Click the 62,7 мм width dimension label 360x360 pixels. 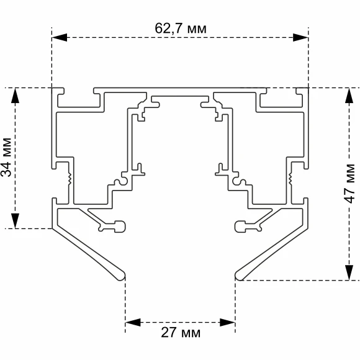coord(181,29)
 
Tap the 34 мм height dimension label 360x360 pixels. coord(6,158)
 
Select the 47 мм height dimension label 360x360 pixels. coord(350,184)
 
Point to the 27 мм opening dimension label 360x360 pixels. coord(181,332)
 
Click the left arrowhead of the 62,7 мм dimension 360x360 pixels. coord(59,37)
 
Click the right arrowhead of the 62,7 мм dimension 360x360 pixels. coord(300,37)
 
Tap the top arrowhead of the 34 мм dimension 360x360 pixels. coord(15,96)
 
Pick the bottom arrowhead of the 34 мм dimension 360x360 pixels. coord(15,221)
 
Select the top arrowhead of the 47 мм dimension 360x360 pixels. coord(349,96)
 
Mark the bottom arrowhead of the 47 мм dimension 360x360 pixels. coord(349,272)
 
